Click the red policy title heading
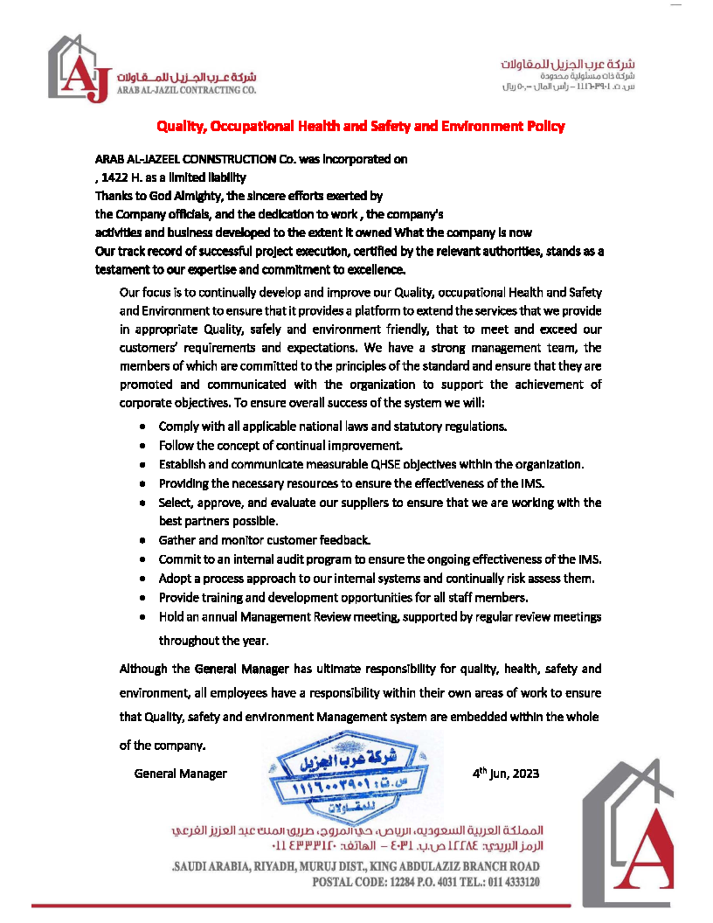coord(360,126)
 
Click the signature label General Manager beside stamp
coord(180,774)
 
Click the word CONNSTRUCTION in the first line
coord(245,160)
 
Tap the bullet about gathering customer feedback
coord(265,539)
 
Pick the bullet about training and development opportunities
coord(343,598)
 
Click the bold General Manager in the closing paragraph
coord(241,670)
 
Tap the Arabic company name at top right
coord(568,66)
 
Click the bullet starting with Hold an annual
coord(380,617)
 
